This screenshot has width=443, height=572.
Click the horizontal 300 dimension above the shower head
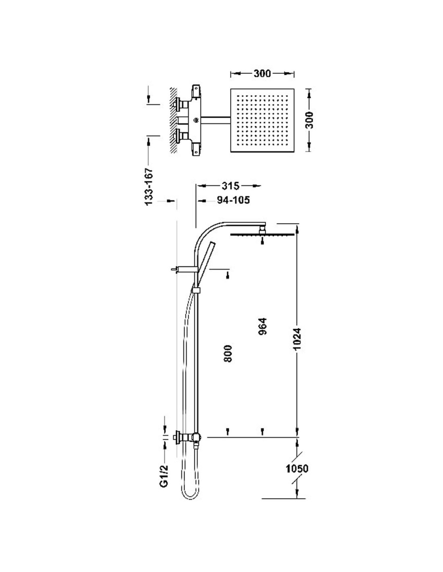[x=262, y=74]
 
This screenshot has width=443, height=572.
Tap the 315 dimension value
[x=230, y=186]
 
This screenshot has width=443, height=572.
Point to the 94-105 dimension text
[x=233, y=200]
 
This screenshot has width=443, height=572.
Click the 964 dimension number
[x=263, y=326]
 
